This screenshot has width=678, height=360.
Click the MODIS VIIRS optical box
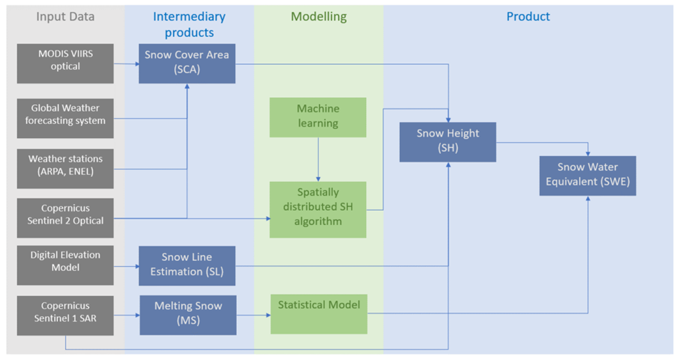(65, 63)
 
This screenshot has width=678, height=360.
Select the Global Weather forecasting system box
(65, 119)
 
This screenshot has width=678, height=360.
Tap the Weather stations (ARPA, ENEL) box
(65, 169)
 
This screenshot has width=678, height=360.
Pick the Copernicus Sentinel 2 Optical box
(65, 218)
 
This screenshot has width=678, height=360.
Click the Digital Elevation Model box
(65, 265)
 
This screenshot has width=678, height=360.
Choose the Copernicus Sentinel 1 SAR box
(65, 316)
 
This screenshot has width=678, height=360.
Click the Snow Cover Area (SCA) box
(187, 63)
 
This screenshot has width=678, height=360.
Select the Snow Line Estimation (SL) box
(187, 266)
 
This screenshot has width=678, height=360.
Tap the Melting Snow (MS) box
(188, 315)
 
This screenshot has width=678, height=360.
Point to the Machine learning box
(318, 118)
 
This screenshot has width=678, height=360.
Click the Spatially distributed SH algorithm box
(318, 210)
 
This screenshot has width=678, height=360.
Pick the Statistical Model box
(319, 314)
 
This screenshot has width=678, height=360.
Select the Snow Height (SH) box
(448, 142)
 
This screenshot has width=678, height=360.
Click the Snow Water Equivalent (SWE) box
(587, 175)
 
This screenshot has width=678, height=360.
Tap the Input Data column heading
(65, 16)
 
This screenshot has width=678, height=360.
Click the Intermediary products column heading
(189, 24)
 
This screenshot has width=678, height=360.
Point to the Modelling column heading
(319, 16)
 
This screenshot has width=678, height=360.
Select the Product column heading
(528, 16)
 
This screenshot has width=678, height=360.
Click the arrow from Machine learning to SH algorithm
(318, 159)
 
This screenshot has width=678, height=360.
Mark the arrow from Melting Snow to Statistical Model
(253, 315)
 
